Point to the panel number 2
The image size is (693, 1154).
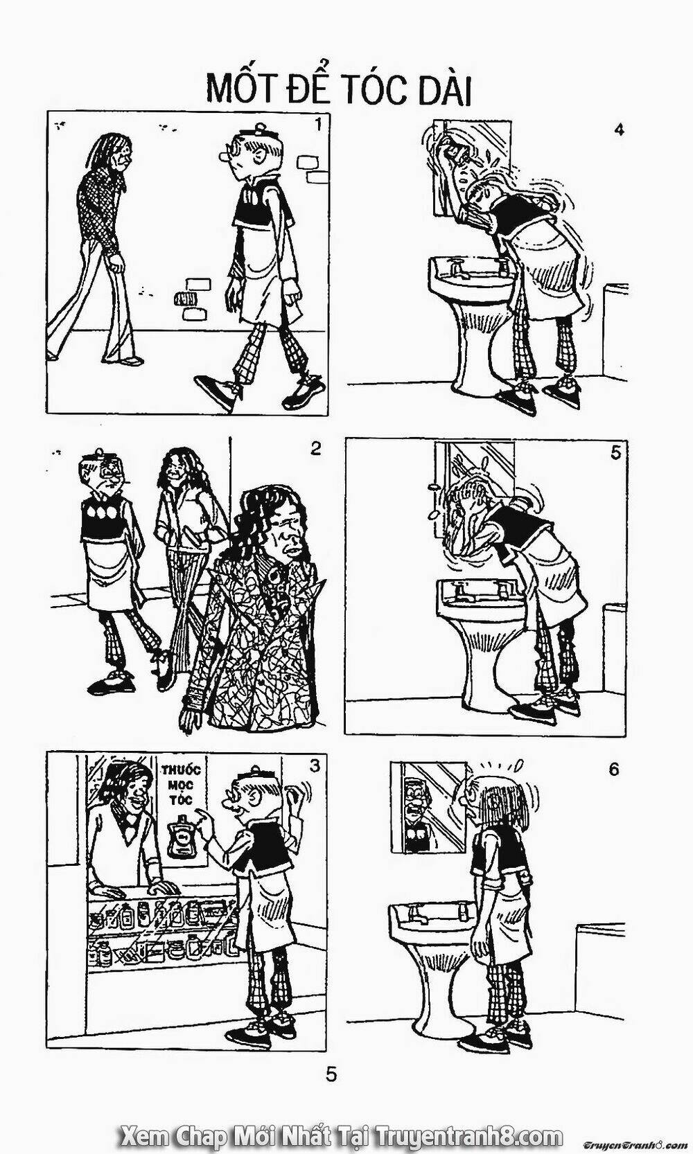[x=315, y=449]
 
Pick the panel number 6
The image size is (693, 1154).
[x=613, y=770]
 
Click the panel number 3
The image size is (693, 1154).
[x=315, y=766]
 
